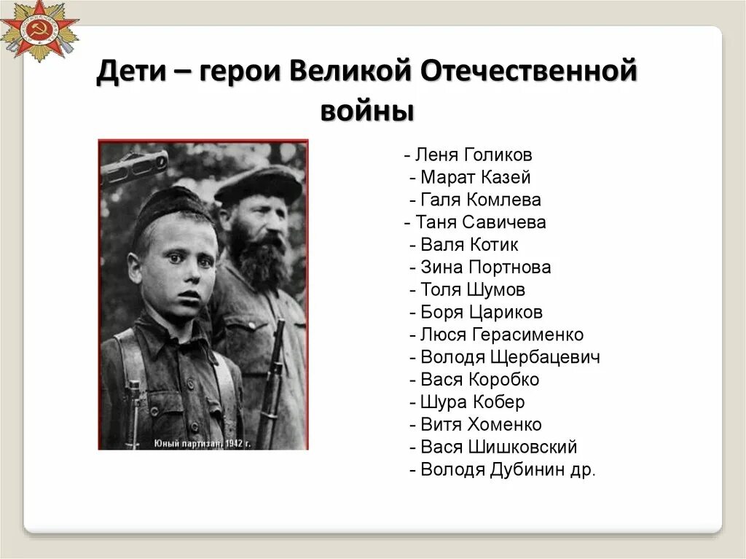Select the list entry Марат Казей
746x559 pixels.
point(476,177)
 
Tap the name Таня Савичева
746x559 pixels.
point(481,222)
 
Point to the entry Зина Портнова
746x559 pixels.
point(486,267)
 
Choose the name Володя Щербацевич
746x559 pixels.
point(510,357)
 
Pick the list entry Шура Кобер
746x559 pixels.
point(473,402)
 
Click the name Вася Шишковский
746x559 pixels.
point(499,447)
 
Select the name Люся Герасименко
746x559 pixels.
point(502,335)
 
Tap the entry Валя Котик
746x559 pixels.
point(470,245)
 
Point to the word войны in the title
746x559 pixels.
point(367,112)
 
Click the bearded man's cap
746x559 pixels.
point(259,184)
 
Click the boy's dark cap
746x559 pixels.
point(171,204)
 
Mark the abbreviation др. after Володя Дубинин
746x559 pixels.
point(584,470)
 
